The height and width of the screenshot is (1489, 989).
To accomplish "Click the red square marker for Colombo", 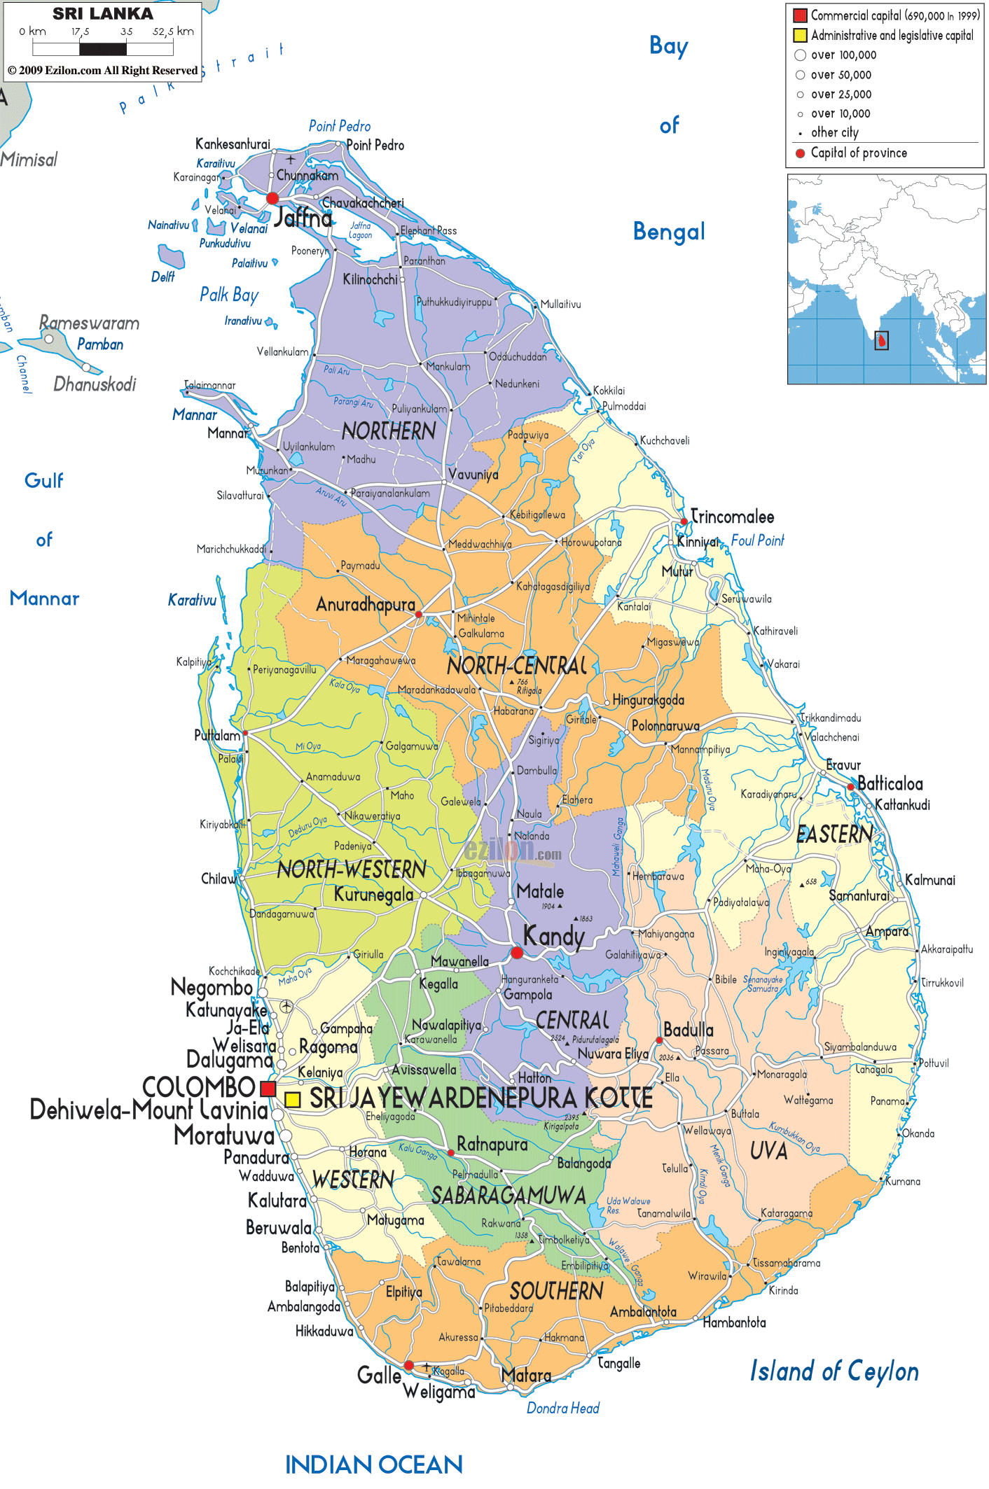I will [268, 1089].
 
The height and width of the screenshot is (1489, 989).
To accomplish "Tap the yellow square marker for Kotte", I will [293, 1099].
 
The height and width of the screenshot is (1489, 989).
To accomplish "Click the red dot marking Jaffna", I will [272, 199].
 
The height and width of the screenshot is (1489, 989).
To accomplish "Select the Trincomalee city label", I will [733, 517].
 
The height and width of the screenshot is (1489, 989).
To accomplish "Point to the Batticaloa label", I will [890, 784].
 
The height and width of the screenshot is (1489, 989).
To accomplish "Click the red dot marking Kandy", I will [517, 953].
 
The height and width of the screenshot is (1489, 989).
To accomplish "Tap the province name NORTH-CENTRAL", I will [517, 666].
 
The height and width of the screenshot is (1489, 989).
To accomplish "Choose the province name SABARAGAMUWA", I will [509, 1196].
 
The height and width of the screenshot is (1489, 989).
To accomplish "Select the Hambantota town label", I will [734, 1322].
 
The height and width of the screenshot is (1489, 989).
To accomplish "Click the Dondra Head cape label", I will [562, 1408].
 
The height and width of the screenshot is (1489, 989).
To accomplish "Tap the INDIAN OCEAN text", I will [373, 1464].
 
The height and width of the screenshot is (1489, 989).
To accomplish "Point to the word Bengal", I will [668, 232].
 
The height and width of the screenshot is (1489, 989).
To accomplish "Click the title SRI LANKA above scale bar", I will [102, 14].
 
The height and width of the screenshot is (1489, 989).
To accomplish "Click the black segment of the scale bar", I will [103, 49].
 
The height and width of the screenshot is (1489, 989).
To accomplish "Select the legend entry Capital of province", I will [858, 153].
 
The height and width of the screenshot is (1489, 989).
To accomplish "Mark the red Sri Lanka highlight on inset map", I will [883, 341].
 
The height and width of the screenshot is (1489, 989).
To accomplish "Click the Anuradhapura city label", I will [366, 605].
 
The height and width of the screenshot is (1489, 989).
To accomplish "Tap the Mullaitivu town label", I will [560, 305].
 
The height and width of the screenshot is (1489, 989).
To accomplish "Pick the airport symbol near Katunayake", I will [286, 1007].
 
